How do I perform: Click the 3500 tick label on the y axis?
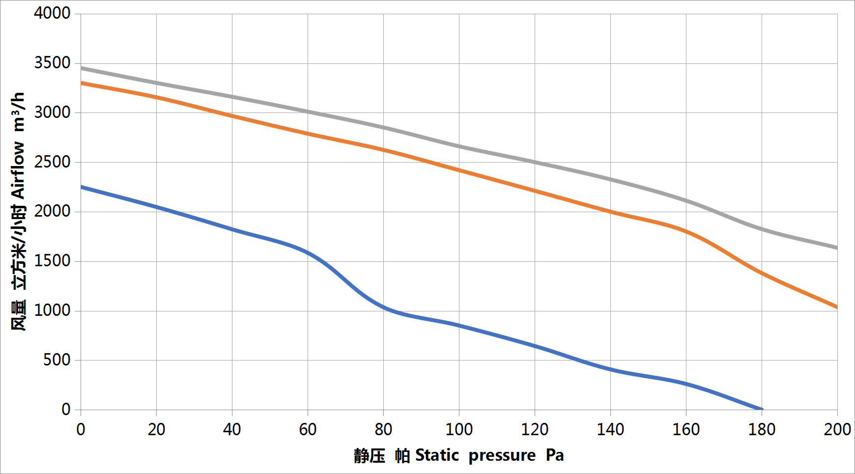(x=52, y=63)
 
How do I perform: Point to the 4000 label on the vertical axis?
(x=52, y=13)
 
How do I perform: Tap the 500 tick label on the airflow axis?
(x=57, y=360)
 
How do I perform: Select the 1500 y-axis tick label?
(x=52, y=261)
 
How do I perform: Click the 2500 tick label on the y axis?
(x=52, y=162)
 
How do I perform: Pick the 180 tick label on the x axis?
(x=762, y=430)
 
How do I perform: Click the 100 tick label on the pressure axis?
(x=459, y=430)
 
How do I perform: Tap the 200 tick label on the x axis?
(x=837, y=430)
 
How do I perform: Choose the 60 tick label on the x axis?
(x=308, y=430)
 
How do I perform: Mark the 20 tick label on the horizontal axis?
(x=156, y=430)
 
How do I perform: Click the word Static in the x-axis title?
(x=437, y=455)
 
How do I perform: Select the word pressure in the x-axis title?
(x=502, y=455)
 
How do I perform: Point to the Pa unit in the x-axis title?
(x=555, y=455)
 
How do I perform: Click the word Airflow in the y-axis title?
(x=18, y=170)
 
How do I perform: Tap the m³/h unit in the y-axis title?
(x=18, y=112)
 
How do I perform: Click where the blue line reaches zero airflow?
(x=762, y=409)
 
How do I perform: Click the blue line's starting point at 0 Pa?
(x=81, y=187)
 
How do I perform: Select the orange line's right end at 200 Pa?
(x=837, y=307)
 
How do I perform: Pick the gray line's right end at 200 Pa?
(x=837, y=248)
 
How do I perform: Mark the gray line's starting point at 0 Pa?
(x=81, y=68)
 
